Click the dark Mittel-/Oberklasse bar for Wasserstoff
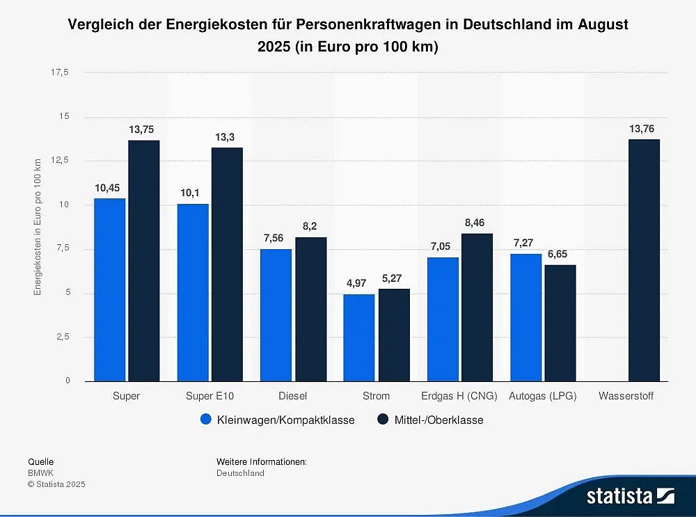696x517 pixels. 644,260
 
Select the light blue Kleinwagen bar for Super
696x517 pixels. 109,289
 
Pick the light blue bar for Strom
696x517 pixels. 359,337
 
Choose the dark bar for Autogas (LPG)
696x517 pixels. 560,323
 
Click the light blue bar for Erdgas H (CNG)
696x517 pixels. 443,319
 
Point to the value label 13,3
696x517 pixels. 225,138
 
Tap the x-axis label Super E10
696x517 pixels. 209,396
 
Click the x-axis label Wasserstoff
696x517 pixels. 626,396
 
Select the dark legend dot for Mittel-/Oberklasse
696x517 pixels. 383,420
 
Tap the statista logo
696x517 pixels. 630,496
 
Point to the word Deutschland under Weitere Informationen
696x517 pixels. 240,473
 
